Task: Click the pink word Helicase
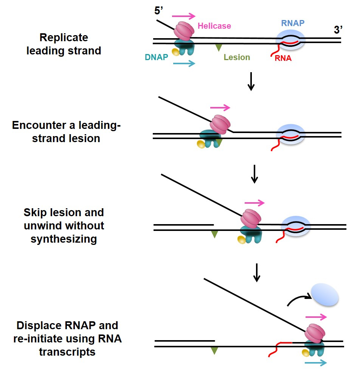click(214, 26)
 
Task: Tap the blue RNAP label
click(293, 23)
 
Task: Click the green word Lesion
click(237, 57)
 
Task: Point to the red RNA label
click(283, 58)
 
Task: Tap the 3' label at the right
click(338, 31)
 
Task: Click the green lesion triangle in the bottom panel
click(214, 351)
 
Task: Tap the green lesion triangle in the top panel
click(219, 47)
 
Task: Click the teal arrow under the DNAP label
click(184, 63)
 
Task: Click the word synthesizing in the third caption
click(64, 239)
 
